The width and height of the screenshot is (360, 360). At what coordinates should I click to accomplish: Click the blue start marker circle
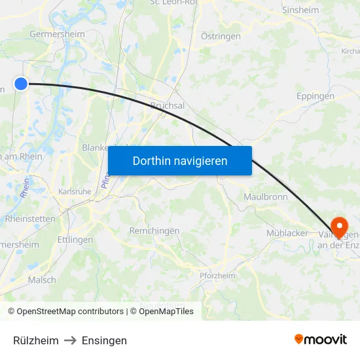[21, 83]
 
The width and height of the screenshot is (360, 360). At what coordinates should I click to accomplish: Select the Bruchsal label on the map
[168, 105]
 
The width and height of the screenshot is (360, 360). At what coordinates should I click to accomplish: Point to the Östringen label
[221, 37]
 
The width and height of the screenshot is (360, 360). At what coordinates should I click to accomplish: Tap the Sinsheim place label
[300, 10]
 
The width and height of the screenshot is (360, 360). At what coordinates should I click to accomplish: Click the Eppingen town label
[315, 96]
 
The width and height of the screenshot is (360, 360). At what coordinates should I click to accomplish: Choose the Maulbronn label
[266, 197]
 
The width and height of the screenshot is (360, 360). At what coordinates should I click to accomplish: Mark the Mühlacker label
[287, 233]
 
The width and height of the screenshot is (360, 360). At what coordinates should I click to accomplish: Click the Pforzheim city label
[217, 276]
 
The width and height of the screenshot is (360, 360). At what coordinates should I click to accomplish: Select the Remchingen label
[155, 231]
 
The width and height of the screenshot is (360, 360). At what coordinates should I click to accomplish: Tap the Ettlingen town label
[75, 240]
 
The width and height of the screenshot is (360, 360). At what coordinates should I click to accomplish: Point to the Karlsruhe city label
[75, 192]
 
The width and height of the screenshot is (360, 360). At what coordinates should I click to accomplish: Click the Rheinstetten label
[31, 219]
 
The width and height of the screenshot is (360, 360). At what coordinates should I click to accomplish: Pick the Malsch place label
[42, 279]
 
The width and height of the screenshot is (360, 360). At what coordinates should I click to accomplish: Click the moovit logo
[321, 339]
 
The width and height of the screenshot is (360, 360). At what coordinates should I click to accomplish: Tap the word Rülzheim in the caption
[36, 340]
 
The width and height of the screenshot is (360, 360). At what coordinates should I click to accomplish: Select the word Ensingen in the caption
[104, 340]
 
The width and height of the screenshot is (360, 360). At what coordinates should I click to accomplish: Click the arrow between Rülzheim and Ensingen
[70, 340]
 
